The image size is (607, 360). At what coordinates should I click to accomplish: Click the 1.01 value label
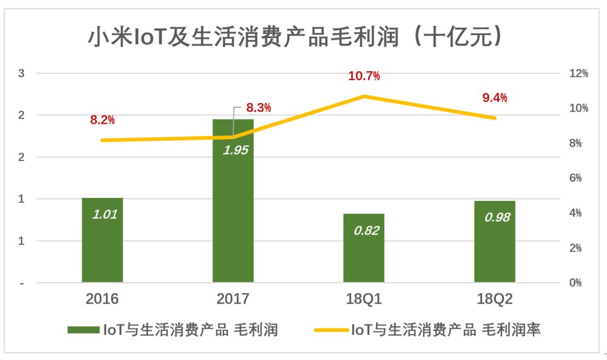coord(104,214)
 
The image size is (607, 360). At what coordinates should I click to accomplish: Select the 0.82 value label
coord(366,231)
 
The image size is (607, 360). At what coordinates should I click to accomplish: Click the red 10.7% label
coord(364,76)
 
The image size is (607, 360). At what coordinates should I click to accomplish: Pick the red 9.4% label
coord(495,98)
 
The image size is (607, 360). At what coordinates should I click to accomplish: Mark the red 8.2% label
coord(102,120)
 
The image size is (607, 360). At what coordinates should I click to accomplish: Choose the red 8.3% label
coord(258,108)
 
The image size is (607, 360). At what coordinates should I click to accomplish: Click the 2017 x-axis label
coord(233,299)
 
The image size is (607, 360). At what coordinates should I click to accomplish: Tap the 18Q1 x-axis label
coord(364,299)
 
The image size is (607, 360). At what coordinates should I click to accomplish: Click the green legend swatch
coord(83,330)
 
